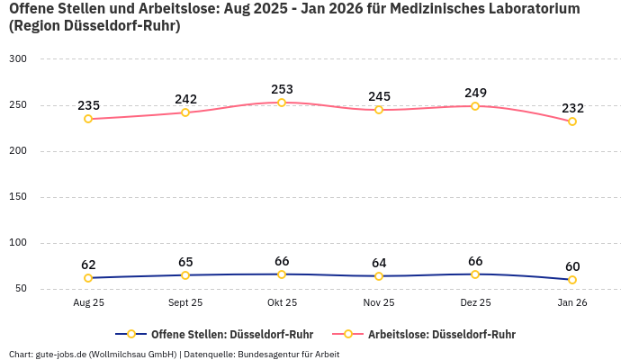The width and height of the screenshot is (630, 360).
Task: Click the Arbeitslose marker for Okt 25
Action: tap(282, 103)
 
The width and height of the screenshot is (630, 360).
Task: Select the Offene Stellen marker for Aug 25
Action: tap(88, 278)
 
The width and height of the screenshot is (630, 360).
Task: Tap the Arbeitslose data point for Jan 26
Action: tap(572, 121)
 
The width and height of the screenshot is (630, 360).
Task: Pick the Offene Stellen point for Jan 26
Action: tap(572, 280)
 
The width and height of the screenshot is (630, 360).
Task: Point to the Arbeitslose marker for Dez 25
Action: tap(475, 106)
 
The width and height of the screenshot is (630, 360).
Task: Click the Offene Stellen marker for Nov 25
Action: tap(379, 276)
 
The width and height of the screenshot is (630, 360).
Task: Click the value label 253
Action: tap(282, 89)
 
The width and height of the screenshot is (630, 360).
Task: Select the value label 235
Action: tap(88, 105)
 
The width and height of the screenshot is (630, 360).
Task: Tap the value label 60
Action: tap(572, 266)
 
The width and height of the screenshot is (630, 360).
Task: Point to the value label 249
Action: tap(475, 93)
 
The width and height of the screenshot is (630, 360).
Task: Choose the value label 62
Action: tap(88, 265)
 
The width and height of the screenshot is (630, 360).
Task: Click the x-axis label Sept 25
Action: tap(185, 303)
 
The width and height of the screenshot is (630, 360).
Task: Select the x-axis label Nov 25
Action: tap(379, 303)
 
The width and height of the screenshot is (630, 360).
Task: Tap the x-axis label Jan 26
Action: tap(572, 303)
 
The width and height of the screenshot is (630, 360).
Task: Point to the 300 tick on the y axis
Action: tap(18, 58)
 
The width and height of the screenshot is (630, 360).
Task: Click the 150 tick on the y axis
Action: tap(18, 197)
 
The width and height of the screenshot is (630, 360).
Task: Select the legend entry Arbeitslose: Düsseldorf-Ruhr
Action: tap(441, 334)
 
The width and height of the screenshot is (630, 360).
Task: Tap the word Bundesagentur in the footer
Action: tap(268, 354)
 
